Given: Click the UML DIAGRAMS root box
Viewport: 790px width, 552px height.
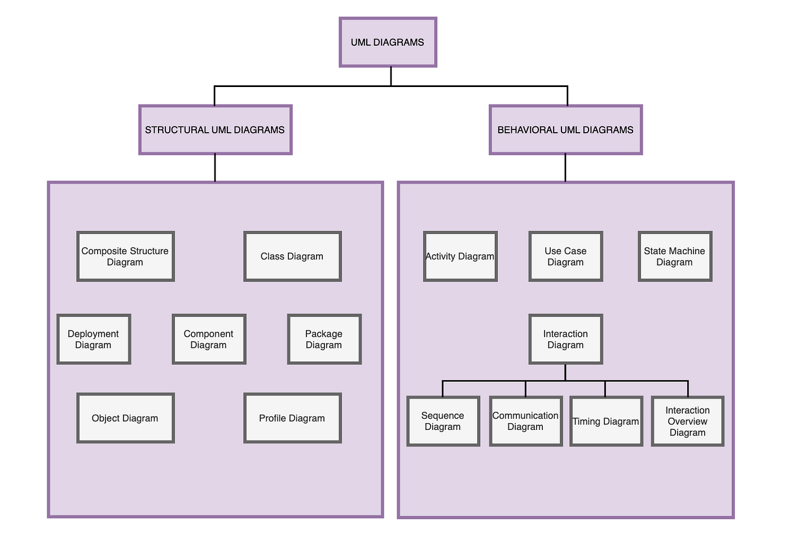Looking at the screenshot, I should [388, 42].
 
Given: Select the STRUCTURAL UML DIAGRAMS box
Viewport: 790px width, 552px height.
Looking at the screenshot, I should [215, 130].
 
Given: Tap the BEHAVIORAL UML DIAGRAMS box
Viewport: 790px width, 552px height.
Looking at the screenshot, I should [565, 130].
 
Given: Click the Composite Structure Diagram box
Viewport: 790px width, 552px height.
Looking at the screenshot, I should [125, 257].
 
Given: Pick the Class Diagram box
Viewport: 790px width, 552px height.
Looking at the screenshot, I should [292, 257].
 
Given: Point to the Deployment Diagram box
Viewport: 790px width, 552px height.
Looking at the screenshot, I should [94, 340].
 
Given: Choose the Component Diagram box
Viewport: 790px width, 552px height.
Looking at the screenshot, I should [209, 340].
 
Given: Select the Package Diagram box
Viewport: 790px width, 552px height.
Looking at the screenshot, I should [324, 340].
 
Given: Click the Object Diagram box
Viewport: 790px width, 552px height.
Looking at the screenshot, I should [125, 419].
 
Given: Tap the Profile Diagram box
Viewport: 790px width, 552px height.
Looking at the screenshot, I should [292, 419].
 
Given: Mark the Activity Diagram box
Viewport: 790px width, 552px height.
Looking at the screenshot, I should [460, 257].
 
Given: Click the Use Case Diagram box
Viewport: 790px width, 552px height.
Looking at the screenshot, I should [565, 257].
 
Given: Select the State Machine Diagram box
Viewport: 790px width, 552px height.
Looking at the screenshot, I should [675, 257].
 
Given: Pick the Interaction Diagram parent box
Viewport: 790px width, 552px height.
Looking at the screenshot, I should [565, 340].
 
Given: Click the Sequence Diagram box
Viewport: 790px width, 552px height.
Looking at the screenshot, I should [443, 421].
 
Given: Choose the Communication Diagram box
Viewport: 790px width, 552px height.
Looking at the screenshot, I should [525, 421].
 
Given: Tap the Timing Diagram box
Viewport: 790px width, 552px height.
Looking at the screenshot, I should [606, 421].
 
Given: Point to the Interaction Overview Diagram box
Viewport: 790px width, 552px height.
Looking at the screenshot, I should [687, 421].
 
